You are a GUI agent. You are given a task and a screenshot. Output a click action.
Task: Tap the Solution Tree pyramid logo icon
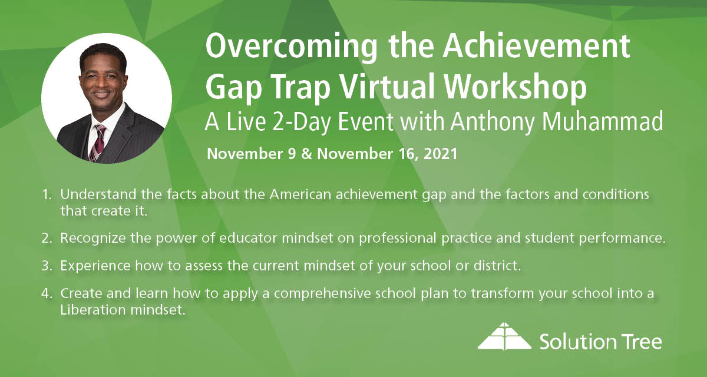pos(504,337)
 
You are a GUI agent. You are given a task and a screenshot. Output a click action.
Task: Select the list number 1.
pos(47,194)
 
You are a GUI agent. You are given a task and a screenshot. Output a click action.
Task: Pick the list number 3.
pos(47,266)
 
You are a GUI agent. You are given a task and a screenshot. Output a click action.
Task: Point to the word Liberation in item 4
pos(89,308)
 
